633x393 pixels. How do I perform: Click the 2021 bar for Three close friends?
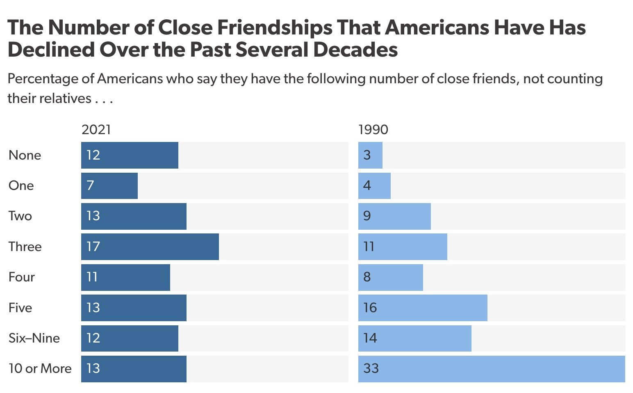pyautogui.click(x=150, y=247)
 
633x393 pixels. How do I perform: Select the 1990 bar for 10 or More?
pyautogui.click(x=492, y=368)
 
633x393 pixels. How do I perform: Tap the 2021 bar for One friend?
pyautogui.click(x=109, y=185)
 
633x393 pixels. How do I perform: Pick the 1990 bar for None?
pyautogui.click(x=370, y=155)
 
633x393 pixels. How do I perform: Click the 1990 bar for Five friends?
pyautogui.click(x=423, y=308)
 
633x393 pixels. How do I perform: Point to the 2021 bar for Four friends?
pyautogui.click(x=125, y=277)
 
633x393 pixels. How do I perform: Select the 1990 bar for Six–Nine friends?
pyautogui.click(x=414, y=338)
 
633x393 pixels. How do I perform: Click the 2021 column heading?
pyautogui.click(x=96, y=130)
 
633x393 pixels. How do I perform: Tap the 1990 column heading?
pyautogui.click(x=373, y=130)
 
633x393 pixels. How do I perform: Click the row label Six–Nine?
pyautogui.click(x=34, y=338)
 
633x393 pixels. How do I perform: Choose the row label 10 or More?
pyautogui.click(x=40, y=368)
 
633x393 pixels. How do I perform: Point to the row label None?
pyautogui.click(x=25, y=155)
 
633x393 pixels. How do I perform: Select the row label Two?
pyautogui.click(x=20, y=216)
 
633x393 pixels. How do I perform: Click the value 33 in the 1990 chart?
pyautogui.click(x=371, y=368)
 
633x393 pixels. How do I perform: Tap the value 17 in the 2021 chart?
pyautogui.click(x=93, y=247)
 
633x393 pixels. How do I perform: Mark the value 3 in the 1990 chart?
pyautogui.click(x=367, y=155)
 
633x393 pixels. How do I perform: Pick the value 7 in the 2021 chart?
pyautogui.click(x=90, y=185)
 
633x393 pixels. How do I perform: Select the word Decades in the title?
pyautogui.click(x=355, y=50)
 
